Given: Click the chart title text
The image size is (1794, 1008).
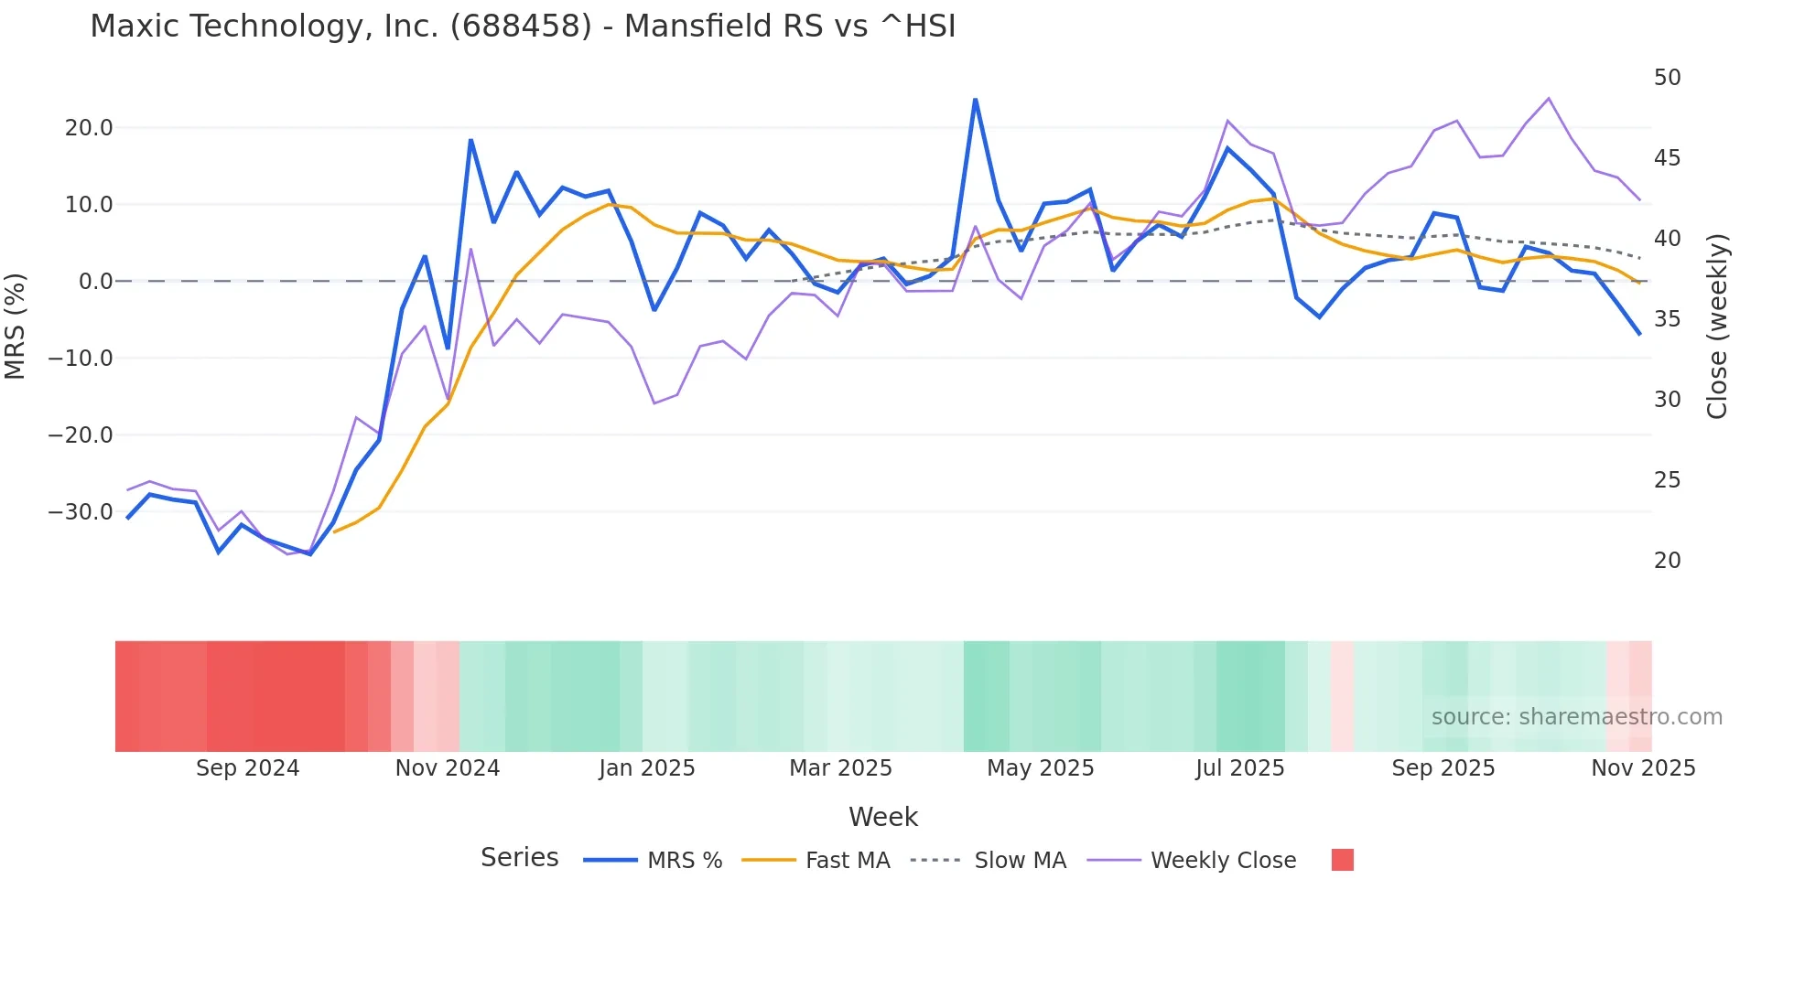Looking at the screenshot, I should point(523,27).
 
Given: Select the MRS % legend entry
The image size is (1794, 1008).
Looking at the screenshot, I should point(653,861).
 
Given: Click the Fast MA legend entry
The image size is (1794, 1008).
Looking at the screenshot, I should point(816,861).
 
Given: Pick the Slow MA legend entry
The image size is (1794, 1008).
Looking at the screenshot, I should point(989,861).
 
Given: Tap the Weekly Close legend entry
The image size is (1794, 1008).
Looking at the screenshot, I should point(1192,861).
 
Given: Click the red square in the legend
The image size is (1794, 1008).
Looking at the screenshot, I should point(1342,860).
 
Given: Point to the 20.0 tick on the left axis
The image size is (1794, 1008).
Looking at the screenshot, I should point(89,128).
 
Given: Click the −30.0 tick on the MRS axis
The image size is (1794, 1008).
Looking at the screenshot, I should point(81,512).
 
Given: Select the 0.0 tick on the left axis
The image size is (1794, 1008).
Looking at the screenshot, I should point(95,282).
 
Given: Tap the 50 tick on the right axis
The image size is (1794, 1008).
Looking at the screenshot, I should point(1667,78).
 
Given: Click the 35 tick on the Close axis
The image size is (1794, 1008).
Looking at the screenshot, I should point(1667,319).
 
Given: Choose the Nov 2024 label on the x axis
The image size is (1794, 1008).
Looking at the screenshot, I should point(448,768).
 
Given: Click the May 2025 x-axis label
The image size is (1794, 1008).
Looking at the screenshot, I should point(1040,768).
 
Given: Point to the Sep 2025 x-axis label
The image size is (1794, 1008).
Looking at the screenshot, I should point(1443,768).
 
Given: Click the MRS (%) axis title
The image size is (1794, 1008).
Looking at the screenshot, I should point(16,327).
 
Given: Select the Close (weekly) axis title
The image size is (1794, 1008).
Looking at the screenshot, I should point(1717,327).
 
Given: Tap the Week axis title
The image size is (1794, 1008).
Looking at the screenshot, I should point(882,817).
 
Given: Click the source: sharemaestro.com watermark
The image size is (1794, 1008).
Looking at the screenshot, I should point(1576,717).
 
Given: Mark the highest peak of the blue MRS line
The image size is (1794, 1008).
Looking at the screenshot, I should point(975,100).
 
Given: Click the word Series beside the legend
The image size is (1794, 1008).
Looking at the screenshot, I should point(519,858).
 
